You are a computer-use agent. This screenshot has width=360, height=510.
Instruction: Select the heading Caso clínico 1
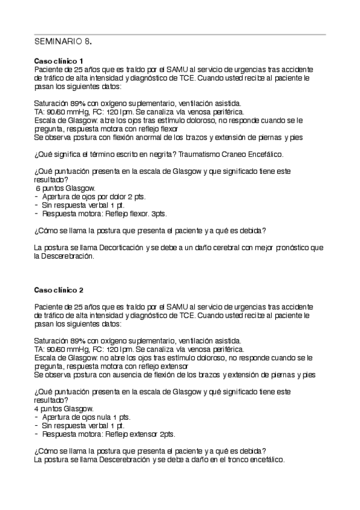[x=58, y=61]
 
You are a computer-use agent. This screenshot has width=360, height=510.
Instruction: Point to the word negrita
[x=137, y=155]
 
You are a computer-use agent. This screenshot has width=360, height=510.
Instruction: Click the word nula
[x=106, y=416]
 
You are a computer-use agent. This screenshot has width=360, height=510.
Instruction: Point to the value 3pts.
[x=159, y=213]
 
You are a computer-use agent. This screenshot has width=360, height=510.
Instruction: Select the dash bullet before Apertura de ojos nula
[x=37, y=416]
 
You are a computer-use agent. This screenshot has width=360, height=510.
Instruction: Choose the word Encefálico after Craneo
[x=264, y=155]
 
